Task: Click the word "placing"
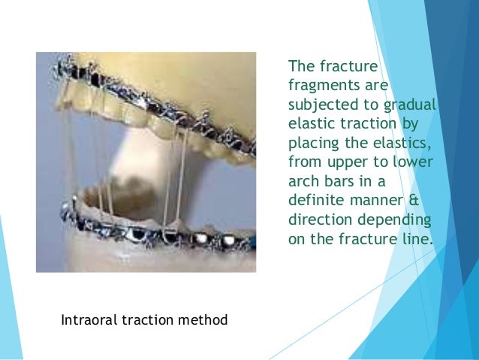[x=312, y=143]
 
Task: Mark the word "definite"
[x=314, y=201]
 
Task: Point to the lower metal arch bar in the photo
[x=150, y=231]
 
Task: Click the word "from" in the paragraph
[x=303, y=162]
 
